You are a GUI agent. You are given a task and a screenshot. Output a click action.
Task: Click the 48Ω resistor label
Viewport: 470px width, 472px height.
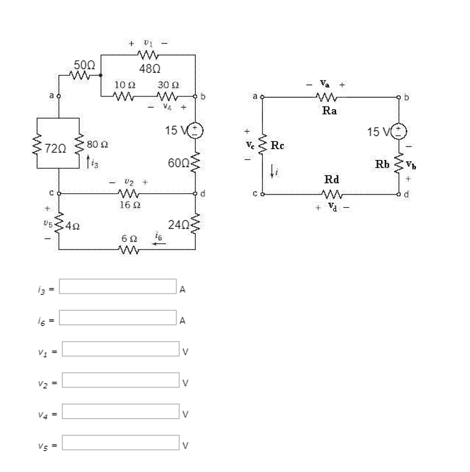[x=149, y=69]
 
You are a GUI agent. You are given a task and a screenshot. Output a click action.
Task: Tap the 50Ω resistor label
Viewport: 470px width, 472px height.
[x=84, y=64]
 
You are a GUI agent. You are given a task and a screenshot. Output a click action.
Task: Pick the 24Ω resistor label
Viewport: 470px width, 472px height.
[x=179, y=225]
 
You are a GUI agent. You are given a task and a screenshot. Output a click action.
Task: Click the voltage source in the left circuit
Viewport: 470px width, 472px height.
[x=196, y=130]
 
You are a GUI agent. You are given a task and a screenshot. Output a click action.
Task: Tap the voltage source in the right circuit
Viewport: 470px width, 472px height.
[x=399, y=131]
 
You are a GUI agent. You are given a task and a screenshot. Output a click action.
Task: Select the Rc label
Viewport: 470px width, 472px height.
[x=277, y=145]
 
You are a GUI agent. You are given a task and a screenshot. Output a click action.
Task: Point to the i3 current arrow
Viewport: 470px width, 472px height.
[x=88, y=161]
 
